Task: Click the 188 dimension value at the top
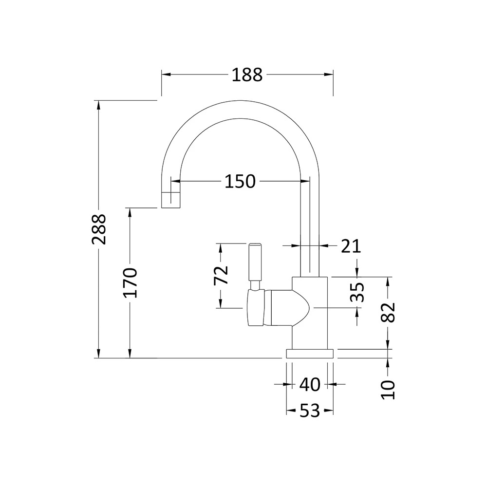pos(247,75)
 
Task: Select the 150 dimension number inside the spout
pos(240,181)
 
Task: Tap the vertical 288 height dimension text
pos(98,229)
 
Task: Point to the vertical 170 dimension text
pos(130,282)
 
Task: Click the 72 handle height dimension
pos(221,276)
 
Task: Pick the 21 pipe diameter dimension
pos(351,246)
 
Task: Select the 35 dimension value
pos(358,292)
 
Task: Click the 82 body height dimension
pos(388,312)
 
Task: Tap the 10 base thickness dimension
pos(388,390)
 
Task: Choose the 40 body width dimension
pos(310,385)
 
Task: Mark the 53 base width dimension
pos(310,412)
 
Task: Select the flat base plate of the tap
pos(310,354)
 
